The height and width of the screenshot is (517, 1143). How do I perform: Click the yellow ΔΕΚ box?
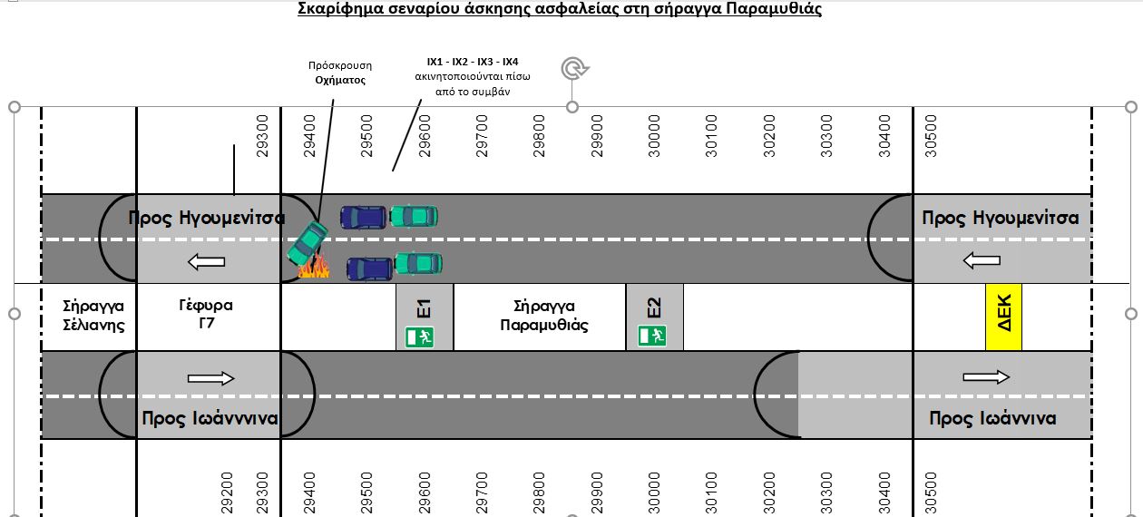click(1003, 317)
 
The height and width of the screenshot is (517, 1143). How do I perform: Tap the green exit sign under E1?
click(419, 337)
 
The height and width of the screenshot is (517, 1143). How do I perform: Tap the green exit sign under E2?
click(652, 337)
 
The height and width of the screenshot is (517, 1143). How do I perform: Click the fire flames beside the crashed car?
click(314, 267)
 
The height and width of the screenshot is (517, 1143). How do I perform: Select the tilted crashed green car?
click(308, 242)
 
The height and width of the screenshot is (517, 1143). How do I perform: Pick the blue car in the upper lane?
click(363, 217)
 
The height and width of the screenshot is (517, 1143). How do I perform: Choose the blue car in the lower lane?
click(370, 269)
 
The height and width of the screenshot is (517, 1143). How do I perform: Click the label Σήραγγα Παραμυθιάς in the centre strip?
click(544, 316)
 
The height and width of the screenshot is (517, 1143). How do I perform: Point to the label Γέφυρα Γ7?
click(206, 314)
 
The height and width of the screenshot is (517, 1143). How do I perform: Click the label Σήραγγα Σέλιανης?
click(93, 316)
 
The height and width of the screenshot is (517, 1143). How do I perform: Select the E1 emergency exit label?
click(424, 308)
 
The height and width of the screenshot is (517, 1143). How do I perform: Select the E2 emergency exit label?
click(654, 307)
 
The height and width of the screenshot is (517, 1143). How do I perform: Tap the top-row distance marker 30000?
click(654, 136)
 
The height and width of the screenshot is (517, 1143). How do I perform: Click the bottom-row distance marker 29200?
click(227, 493)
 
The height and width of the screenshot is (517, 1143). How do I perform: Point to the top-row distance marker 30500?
click(932, 136)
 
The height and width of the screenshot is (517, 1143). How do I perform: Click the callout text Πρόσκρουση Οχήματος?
click(340, 73)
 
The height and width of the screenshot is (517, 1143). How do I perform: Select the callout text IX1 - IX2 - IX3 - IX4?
click(473, 62)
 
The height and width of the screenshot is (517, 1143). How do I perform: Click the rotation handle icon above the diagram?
click(575, 68)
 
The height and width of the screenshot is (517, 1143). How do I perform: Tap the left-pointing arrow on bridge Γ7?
click(206, 262)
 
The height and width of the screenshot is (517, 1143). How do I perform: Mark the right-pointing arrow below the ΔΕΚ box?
click(986, 377)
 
